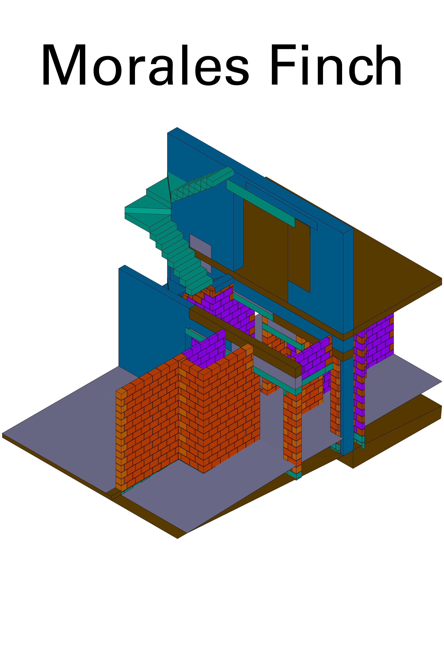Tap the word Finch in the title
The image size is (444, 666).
point(336,65)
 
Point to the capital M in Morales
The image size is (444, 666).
point(64,65)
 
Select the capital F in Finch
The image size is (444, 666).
point(283,65)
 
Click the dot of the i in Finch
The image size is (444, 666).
point(305,47)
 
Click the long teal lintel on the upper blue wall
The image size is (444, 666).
point(260,203)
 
